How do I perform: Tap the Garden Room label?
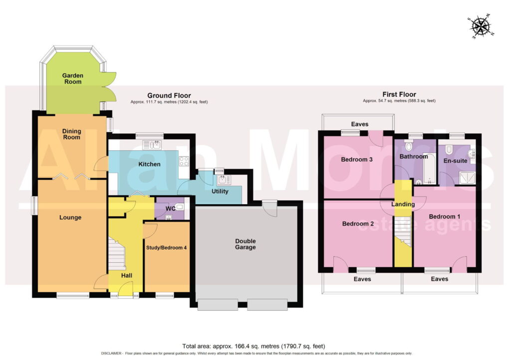(x=73, y=78)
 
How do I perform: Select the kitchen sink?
(x=152, y=144)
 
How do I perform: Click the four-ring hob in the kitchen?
(x=184, y=161)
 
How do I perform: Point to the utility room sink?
(x=224, y=180)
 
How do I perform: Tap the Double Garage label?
(x=246, y=244)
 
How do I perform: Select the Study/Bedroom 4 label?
(x=166, y=248)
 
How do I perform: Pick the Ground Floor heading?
(x=169, y=95)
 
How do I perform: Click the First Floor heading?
(x=399, y=94)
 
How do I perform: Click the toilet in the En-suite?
(x=449, y=149)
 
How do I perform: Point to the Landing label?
(x=403, y=204)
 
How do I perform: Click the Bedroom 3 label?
(x=356, y=159)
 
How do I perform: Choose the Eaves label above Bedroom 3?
(x=360, y=124)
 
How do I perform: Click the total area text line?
(x=254, y=346)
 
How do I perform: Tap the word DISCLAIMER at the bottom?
(x=111, y=354)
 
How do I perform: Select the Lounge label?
(x=70, y=218)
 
